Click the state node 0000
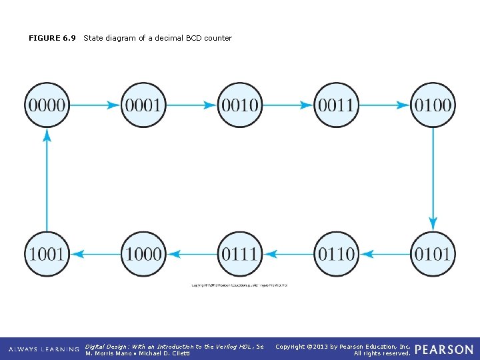[47, 105]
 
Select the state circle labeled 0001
[143, 105]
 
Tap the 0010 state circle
[240, 105]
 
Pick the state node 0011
[337, 105]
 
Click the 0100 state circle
[433, 105]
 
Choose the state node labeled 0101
[433, 253]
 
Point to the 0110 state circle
[337, 253]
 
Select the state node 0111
[240, 253]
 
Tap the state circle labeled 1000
[143, 253]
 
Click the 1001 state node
[47, 253]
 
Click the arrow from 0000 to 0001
[95, 105]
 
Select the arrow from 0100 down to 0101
[433, 179]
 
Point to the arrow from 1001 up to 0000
[47, 179]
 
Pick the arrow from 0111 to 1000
[191, 253]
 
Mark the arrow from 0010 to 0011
[288, 105]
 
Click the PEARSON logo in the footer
[444, 349]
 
